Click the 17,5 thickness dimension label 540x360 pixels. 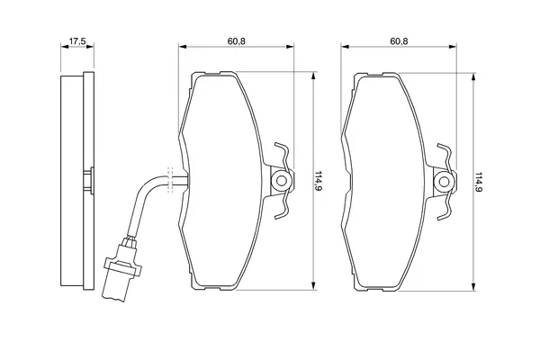[x=76, y=41]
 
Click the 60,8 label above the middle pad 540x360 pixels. [x=236, y=41]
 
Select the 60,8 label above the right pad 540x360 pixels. [x=399, y=41]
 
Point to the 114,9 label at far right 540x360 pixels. [x=479, y=182]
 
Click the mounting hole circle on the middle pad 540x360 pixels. [x=282, y=181]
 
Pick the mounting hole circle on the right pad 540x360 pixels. [x=444, y=182]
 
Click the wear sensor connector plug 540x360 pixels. [x=121, y=270]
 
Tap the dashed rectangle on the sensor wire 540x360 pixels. [x=170, y=180]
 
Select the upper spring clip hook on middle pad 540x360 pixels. [x=283, y=155]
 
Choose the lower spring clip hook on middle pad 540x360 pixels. [x=283, y=206]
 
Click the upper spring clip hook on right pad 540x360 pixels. [x=445, y=156]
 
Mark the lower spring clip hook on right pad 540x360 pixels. [x=445, y=207]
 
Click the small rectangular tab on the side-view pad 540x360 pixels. [x=89, y=180]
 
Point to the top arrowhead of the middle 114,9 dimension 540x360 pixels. [x=313, y=76]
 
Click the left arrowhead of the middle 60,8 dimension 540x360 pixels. [x=183, y=47]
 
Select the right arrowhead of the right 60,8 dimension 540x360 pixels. [x=453, y=47]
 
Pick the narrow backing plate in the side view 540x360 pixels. [x=89, y=180]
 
